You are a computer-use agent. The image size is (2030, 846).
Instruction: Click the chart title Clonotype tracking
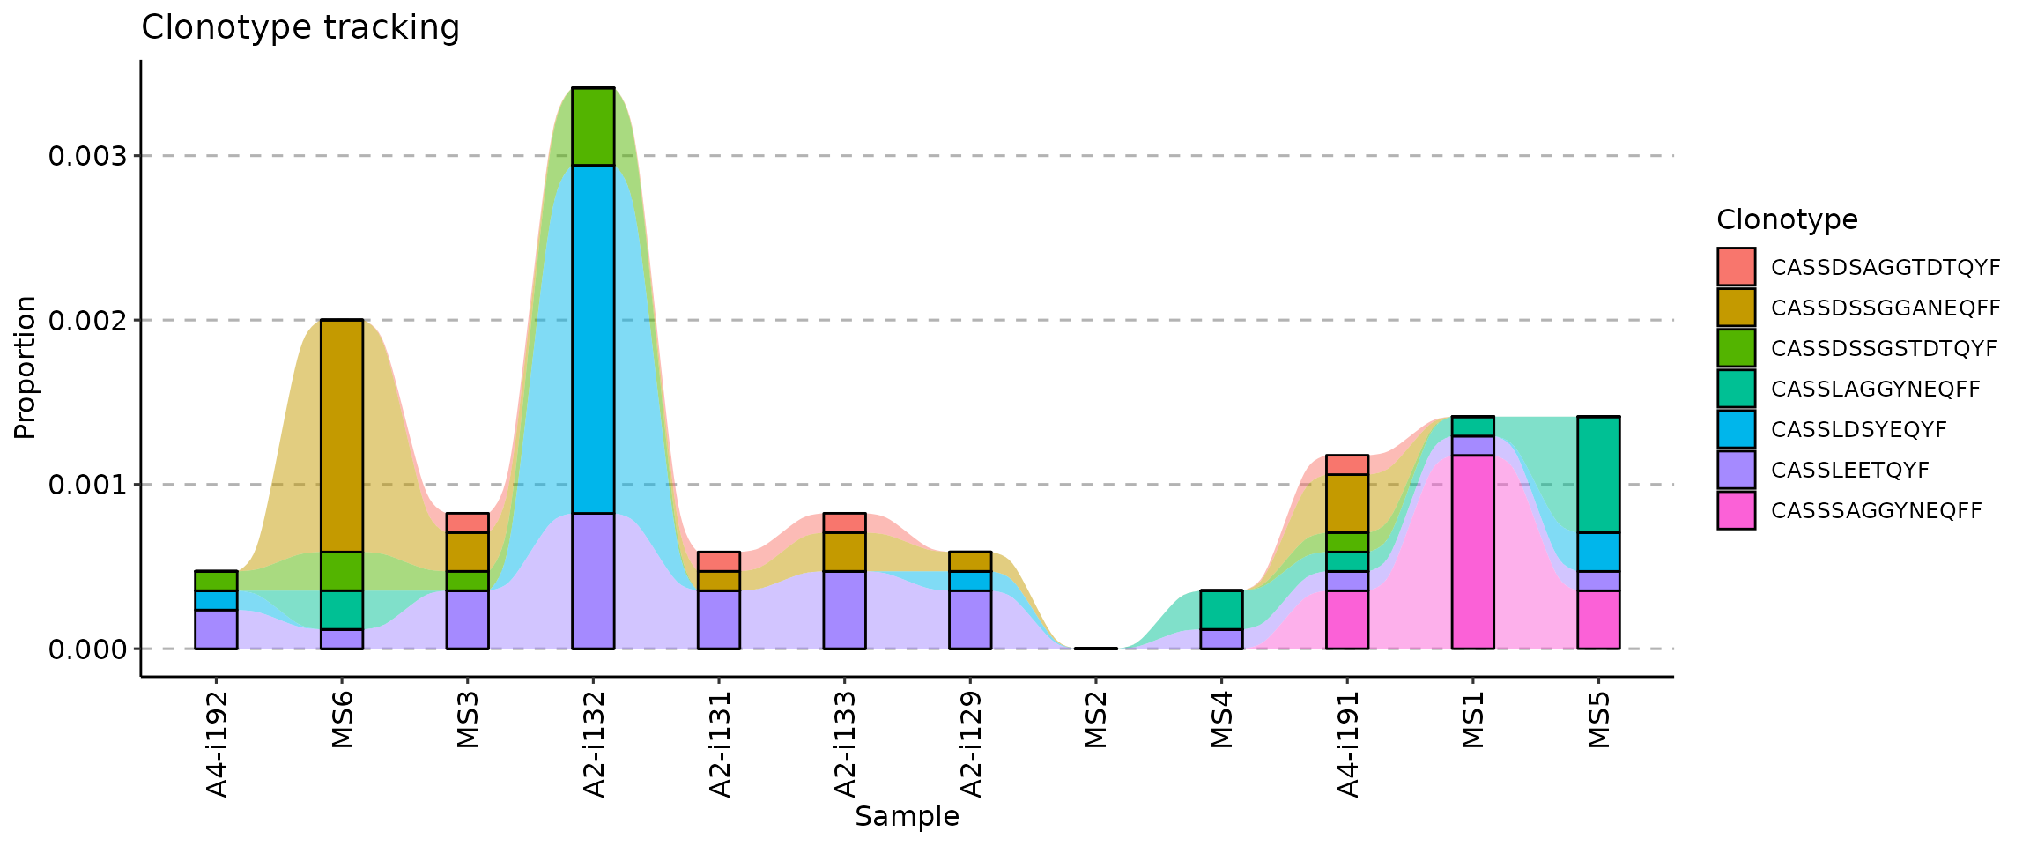300,28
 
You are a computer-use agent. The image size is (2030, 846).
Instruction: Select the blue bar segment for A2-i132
593,338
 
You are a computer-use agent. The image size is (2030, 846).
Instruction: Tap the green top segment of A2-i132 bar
593,126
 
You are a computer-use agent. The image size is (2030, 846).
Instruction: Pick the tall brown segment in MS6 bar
342,435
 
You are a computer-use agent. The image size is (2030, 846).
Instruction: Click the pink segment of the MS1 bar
1472,552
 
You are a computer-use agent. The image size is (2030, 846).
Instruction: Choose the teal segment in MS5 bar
1598,474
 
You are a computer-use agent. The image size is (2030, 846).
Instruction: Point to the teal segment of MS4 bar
1221,609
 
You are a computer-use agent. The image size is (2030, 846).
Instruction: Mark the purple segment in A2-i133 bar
844,609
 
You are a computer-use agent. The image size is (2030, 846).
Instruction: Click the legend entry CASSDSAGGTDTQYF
1884,268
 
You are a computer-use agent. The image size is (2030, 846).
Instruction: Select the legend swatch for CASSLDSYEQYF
1736,429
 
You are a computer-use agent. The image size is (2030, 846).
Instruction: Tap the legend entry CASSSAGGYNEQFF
1876,511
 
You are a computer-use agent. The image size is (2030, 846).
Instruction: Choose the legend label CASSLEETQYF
1849,471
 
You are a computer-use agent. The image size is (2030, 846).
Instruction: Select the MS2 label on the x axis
1096,720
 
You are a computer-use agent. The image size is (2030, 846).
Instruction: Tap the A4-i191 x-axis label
1348,744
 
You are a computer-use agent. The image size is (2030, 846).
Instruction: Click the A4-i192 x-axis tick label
217,744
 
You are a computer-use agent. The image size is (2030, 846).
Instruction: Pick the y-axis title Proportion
25,367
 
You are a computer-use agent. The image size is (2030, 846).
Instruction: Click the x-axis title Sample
907,817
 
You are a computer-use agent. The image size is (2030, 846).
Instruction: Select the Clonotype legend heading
1787,219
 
